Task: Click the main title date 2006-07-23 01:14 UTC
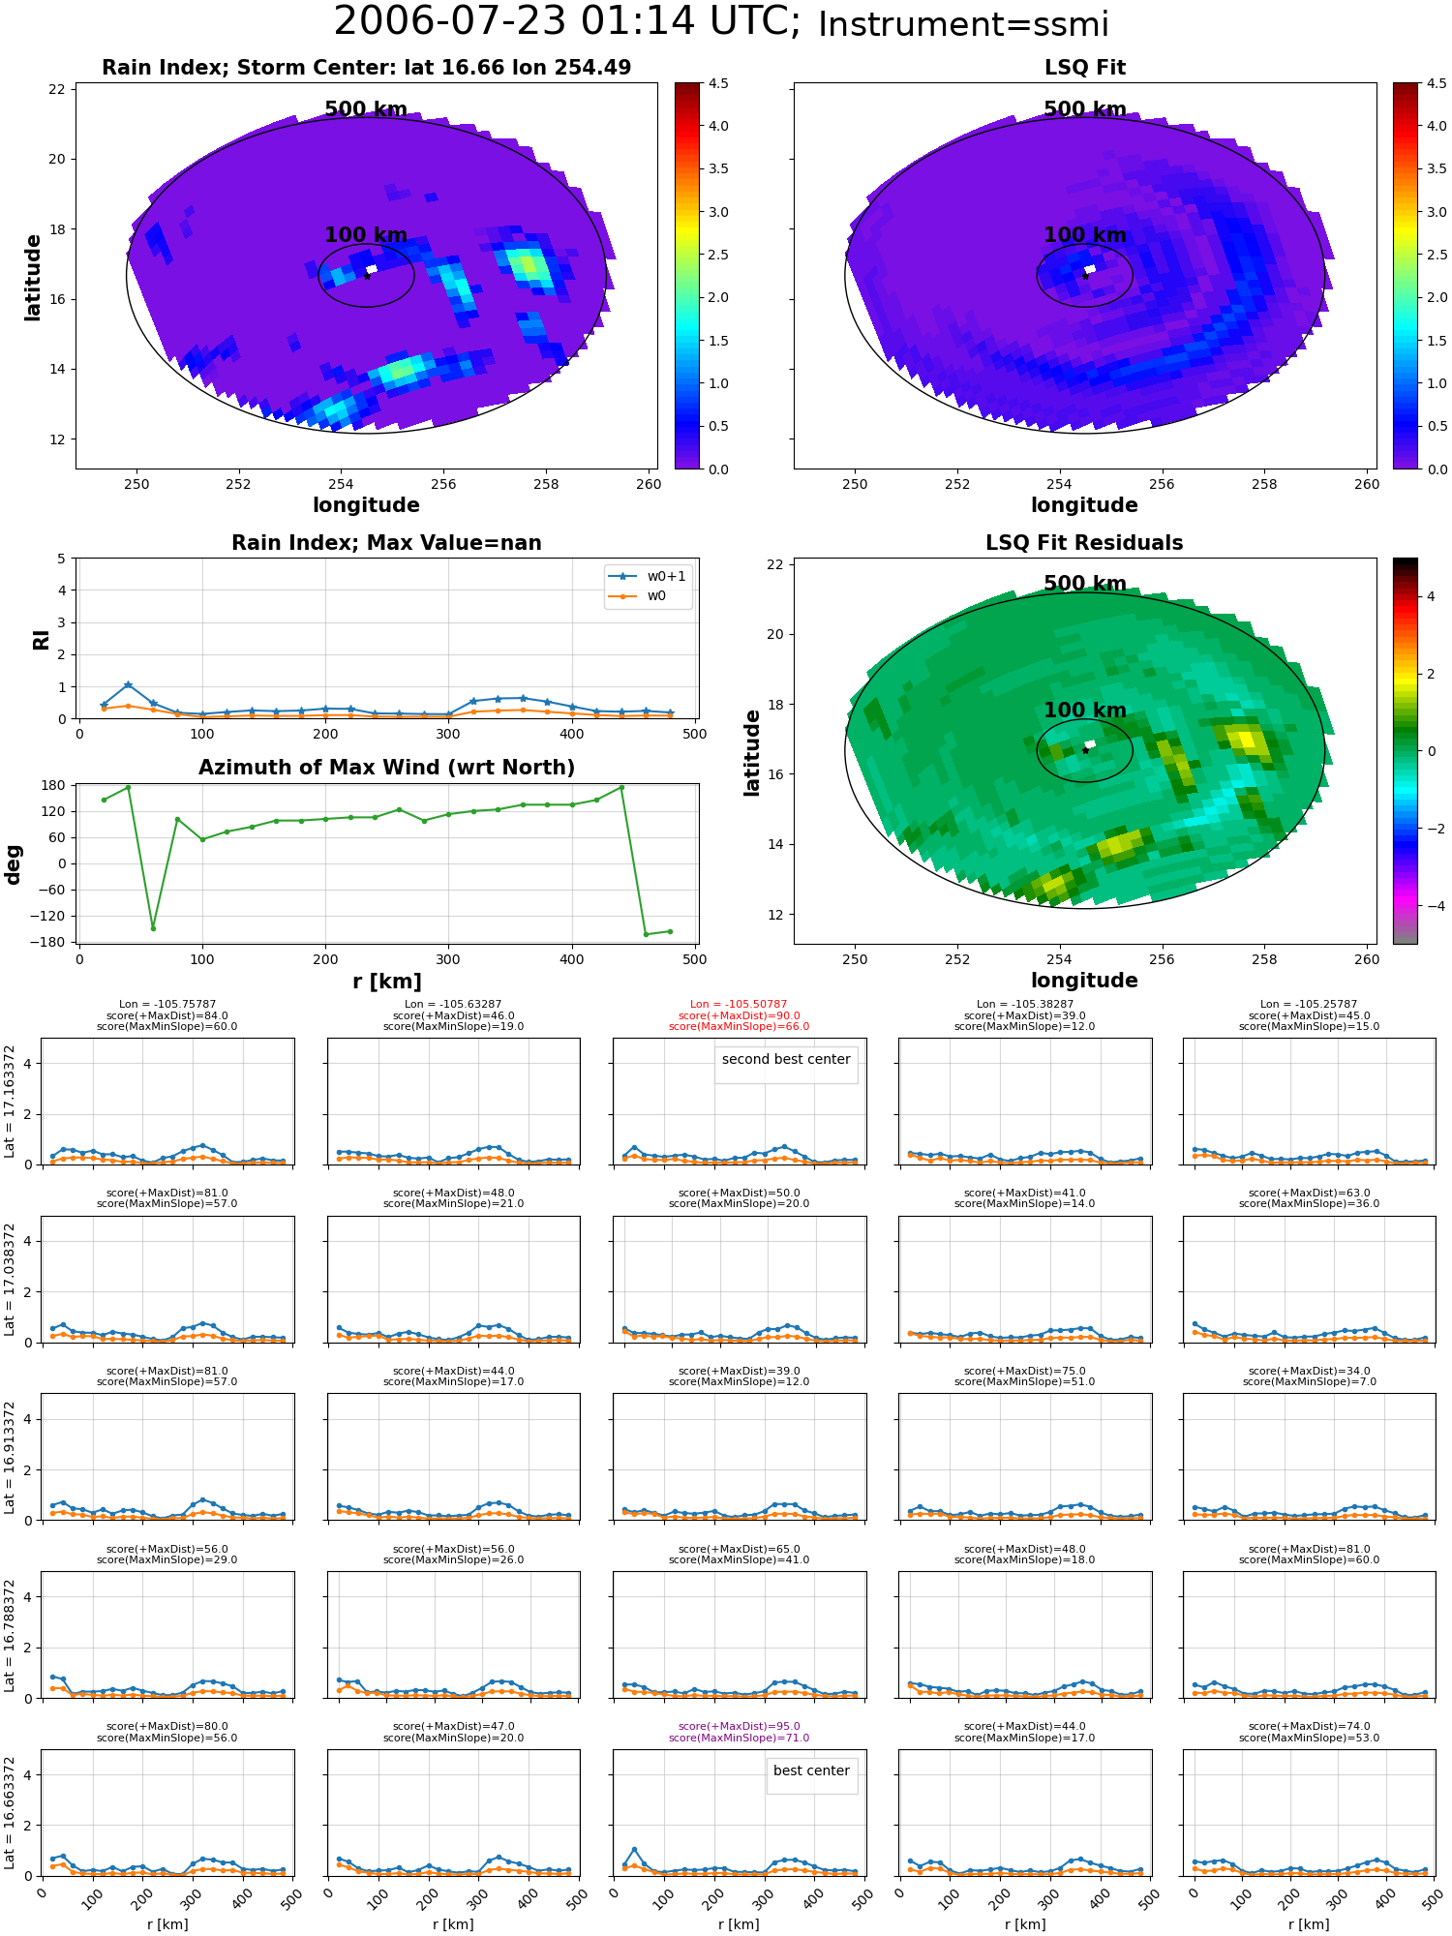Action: pos(566,21)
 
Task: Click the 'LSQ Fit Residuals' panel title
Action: pos(1084,543)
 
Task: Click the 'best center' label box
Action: pos(811,1770)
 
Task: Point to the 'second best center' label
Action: pos(786,1059)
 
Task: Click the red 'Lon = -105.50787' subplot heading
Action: pos(739,1005)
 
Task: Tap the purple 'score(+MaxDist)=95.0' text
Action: pos(739,1727)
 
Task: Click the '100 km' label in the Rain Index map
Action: pos(366,235)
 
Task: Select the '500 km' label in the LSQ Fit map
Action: pos(1084,109)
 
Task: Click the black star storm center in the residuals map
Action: pos(1085,750)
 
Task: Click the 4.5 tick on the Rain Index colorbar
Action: pos(717,83)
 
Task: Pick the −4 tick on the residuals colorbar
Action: pos(1430,906)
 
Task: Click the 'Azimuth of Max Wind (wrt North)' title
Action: pos(386,768)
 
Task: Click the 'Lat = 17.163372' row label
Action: pos(10,1102)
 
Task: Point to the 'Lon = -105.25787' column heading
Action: pos(1309,1005)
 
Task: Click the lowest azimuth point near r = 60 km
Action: pos(153,928)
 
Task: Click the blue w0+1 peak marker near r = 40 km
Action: pos(128,685)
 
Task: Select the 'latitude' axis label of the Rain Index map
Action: pos(33,277)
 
